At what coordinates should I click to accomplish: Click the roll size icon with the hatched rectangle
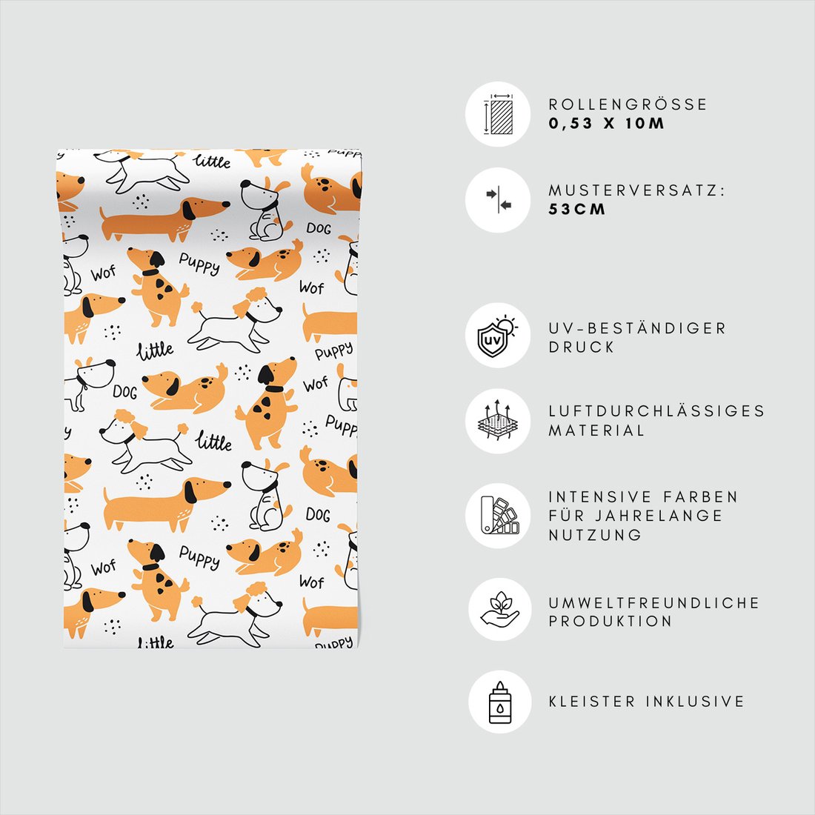[498, 114]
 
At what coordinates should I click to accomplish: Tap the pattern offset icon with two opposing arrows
[499, 200]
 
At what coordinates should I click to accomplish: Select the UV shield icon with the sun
[497, 336]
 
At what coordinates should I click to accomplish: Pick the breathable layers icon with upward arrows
[497, 421]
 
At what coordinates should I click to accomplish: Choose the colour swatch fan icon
[499, 515]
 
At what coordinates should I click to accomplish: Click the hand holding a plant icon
[499, 609]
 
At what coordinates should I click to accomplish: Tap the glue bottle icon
[499, 702]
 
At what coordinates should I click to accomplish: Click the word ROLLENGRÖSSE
[628, 104]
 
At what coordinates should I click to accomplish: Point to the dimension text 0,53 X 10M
[607, 124]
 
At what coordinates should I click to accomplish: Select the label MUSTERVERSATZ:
[636, 190]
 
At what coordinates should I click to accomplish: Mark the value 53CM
[577, 210]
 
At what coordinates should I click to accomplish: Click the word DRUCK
[582, 347]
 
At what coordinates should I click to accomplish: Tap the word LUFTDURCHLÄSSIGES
[656, 411]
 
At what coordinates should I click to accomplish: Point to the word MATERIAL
[596, 430]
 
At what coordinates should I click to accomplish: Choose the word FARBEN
[700, 497]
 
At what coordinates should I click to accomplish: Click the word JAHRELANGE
[659, 516]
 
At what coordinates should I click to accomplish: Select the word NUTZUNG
[595, 535]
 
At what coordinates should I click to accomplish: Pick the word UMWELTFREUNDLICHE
[654, 603]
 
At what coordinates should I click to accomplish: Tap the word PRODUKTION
[611, 621]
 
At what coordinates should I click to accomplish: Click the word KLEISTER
[592, 702]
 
